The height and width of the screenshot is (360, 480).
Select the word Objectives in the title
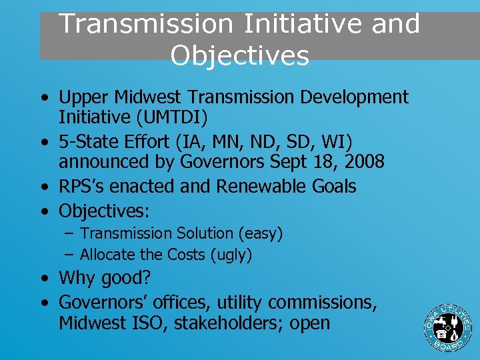[x=239, y=55]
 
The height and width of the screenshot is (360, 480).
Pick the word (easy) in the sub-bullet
[x=259, y=233]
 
